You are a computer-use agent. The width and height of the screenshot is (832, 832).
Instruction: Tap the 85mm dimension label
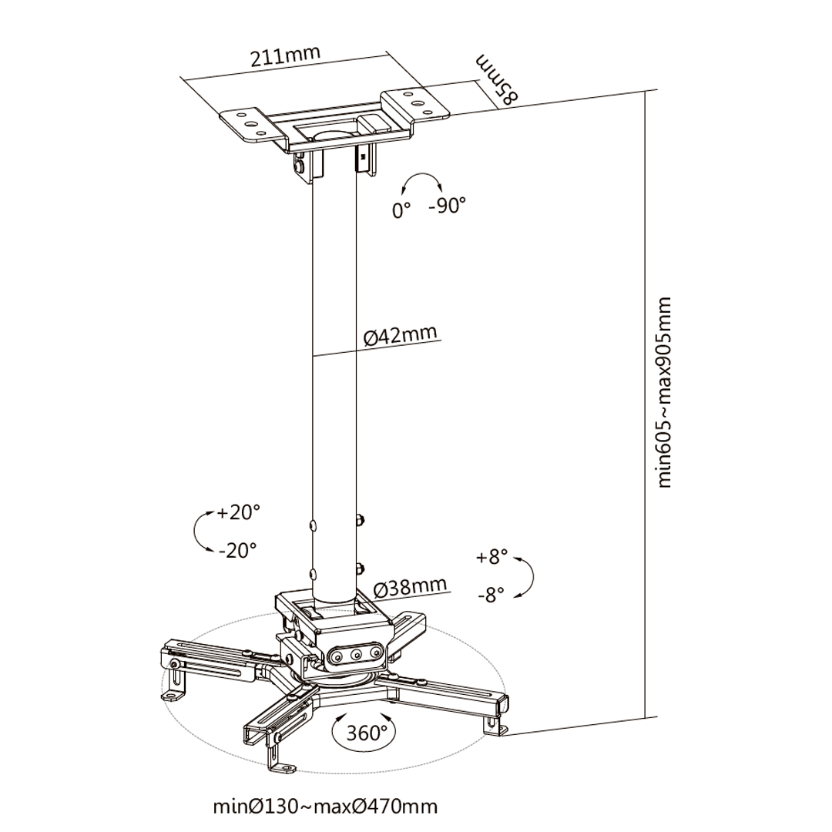click(497, 79)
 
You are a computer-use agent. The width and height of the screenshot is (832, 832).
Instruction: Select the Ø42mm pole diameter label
click(401, 335)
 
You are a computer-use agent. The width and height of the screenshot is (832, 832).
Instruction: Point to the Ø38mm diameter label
click(410, 588)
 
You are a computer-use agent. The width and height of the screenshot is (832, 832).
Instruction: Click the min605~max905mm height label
click(664, 392)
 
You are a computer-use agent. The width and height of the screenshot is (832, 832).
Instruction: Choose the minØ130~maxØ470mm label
click(325, 807)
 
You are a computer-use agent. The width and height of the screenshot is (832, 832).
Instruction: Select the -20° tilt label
click(237, 550)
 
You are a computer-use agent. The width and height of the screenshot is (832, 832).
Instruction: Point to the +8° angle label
click(491, 557)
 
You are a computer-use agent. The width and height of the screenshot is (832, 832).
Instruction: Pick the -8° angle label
click(490, 595)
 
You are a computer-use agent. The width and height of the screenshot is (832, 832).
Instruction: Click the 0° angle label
click(401, 210)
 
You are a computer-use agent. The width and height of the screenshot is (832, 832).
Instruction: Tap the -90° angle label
click(447, 205)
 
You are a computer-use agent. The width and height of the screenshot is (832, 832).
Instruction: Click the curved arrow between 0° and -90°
click(421, 174)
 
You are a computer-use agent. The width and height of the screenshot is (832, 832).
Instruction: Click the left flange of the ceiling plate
click(250, 125)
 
